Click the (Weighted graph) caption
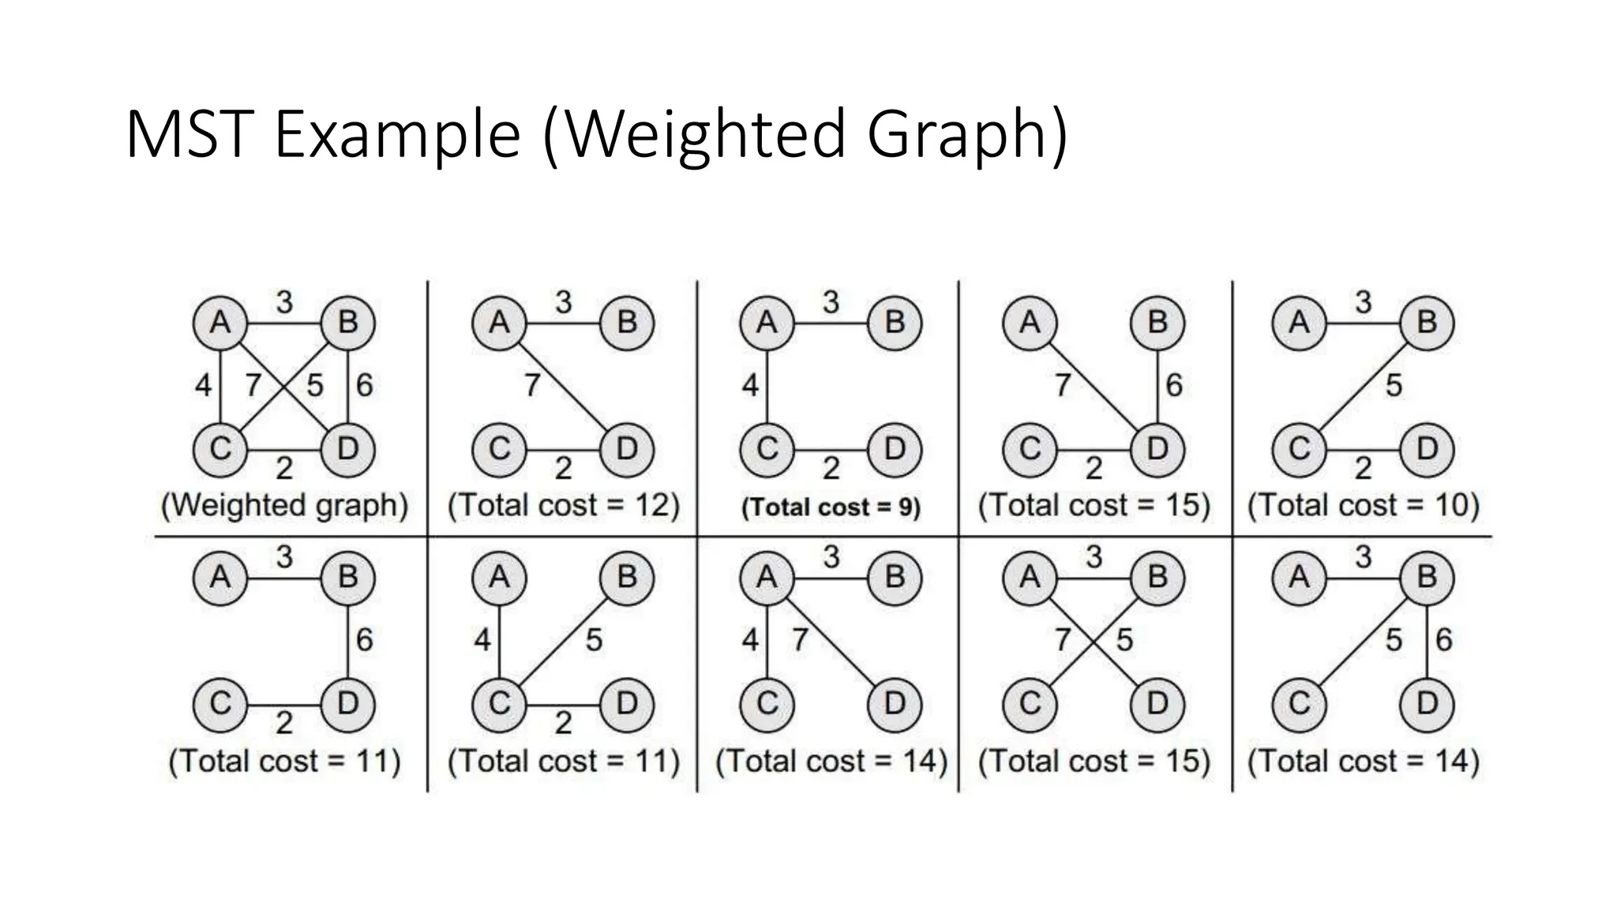(x=284, y=505)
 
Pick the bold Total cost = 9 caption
(x=831, y=507)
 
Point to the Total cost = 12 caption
(x=563, y=505)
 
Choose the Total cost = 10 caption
(x=1363, y=505)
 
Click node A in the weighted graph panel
(x=220, y=323)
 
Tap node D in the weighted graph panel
(x=347, y=450)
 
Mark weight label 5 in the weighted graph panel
(x=315, y=385)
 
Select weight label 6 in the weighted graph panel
(x=364, y=385)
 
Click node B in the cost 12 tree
(x=627, y=323)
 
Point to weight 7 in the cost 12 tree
(x=532, y=385)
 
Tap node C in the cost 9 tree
(x=767, y=450)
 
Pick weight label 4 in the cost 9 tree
(x=750, y=385)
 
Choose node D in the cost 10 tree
(x=1427, y=450)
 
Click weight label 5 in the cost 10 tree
(x=1394, y=385)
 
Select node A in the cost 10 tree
(x=1299, y=323)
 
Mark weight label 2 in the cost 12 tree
(x=563, y=469)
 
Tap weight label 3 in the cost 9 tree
(x=831, y=302)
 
